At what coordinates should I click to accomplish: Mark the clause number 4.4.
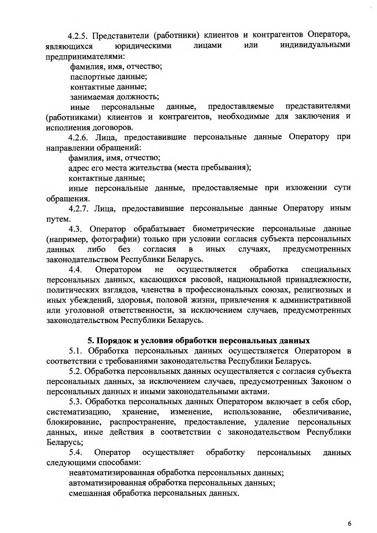click(x=77, y=270)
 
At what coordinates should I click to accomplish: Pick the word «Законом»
click(x=326, y=382)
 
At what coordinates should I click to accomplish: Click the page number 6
click(x=349, y=515)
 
